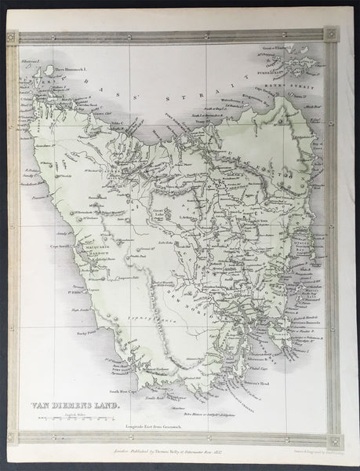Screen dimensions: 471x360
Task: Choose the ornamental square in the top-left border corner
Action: point(12,37)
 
